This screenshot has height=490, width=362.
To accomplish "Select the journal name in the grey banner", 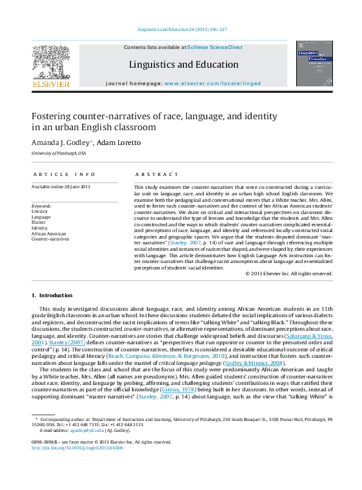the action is pos(183,64).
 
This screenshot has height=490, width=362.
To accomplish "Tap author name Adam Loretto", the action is pos(119,142).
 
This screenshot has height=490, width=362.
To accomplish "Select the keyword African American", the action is pos(48,233).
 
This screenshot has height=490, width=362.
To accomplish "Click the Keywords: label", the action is pos(42,206).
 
